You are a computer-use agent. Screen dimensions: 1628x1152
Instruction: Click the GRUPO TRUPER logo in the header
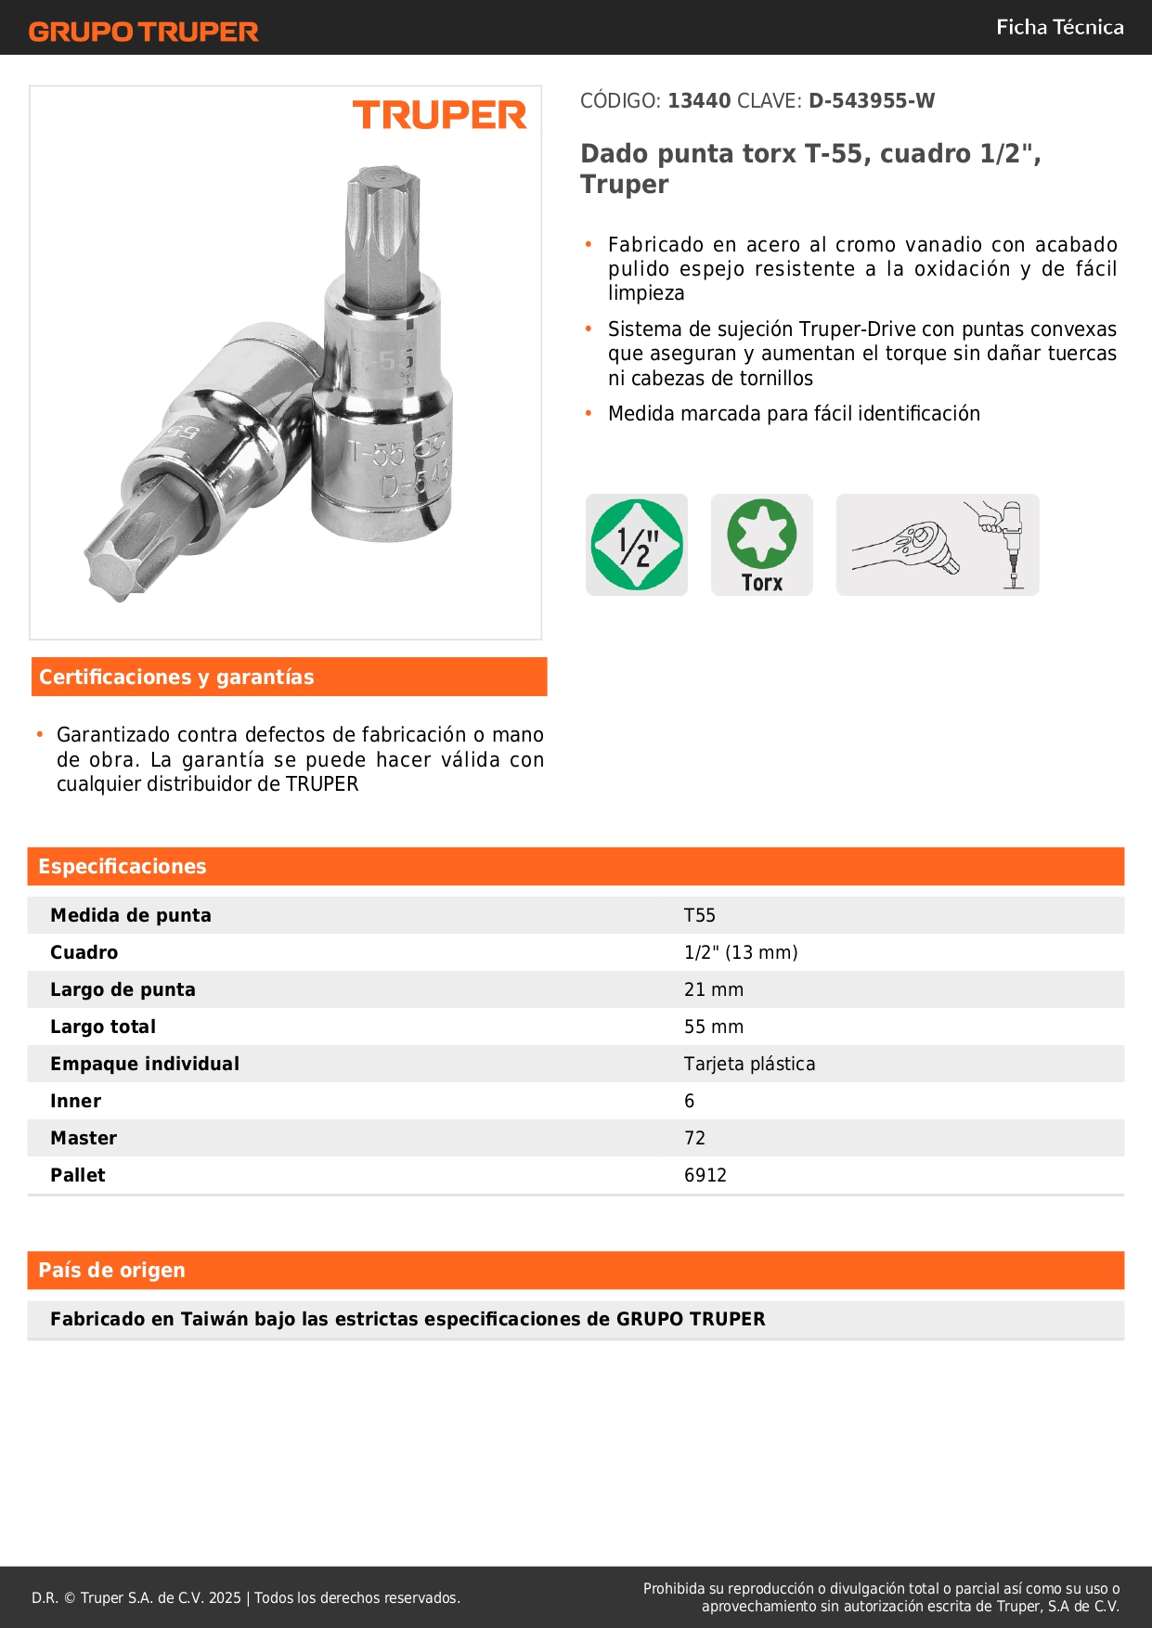(x=143, y=32)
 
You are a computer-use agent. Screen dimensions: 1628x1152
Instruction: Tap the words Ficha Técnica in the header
(x=1059, y=27)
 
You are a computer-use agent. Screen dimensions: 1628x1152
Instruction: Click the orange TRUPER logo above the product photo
(x=439, y=115)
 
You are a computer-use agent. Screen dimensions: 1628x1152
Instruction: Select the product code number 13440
(x=699, y=100)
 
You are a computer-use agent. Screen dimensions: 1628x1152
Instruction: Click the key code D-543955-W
(x=872, y=100)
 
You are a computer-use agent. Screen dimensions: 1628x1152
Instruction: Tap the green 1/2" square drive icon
(x=637, y=545)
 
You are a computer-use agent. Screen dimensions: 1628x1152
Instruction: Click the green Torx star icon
(x=761, y=535)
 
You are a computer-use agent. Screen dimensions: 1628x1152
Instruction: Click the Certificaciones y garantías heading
(x=176, y=677)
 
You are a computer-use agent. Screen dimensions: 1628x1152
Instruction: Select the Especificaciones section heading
(x=123, y=866)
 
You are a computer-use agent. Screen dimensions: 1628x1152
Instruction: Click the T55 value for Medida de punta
(x=700, y=915)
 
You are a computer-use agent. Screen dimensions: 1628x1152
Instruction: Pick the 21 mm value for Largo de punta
(x=713, y=989)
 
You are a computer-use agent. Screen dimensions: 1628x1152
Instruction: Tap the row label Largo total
(x=103, y=1027)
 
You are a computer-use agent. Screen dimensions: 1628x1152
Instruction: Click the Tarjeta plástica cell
(x=749, y=1064)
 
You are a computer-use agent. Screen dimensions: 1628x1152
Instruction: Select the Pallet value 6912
(x=705, y=1175)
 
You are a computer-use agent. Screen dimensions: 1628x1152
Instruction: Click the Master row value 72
(x=694, y=1138)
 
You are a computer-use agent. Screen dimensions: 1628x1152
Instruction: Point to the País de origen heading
(x=111, y=1270)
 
